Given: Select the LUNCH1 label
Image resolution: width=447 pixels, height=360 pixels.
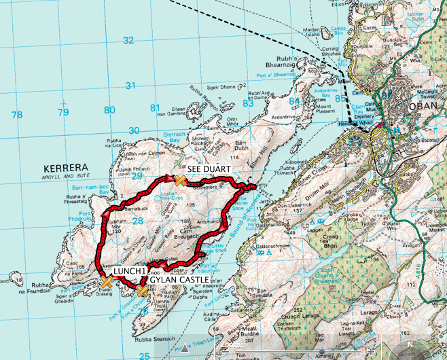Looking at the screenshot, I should pos(130,271).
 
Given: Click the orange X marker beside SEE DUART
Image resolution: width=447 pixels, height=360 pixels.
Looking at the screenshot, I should pos(180,179).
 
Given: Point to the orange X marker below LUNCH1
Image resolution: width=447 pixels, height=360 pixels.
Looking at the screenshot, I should pos(106,283).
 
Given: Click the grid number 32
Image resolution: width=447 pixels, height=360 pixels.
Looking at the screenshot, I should pos(129,40).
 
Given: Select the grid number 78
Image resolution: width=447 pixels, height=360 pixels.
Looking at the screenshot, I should pos(18,114).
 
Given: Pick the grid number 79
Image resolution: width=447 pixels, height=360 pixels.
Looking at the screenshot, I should pos(63,112).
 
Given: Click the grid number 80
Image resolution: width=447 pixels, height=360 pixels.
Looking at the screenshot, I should pos(108,111).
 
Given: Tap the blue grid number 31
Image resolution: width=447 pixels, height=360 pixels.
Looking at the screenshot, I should pos(131,86).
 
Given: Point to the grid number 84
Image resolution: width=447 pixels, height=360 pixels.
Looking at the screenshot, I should pos(294,101).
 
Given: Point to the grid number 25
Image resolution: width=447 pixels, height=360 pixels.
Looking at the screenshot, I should pos(144,355).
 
